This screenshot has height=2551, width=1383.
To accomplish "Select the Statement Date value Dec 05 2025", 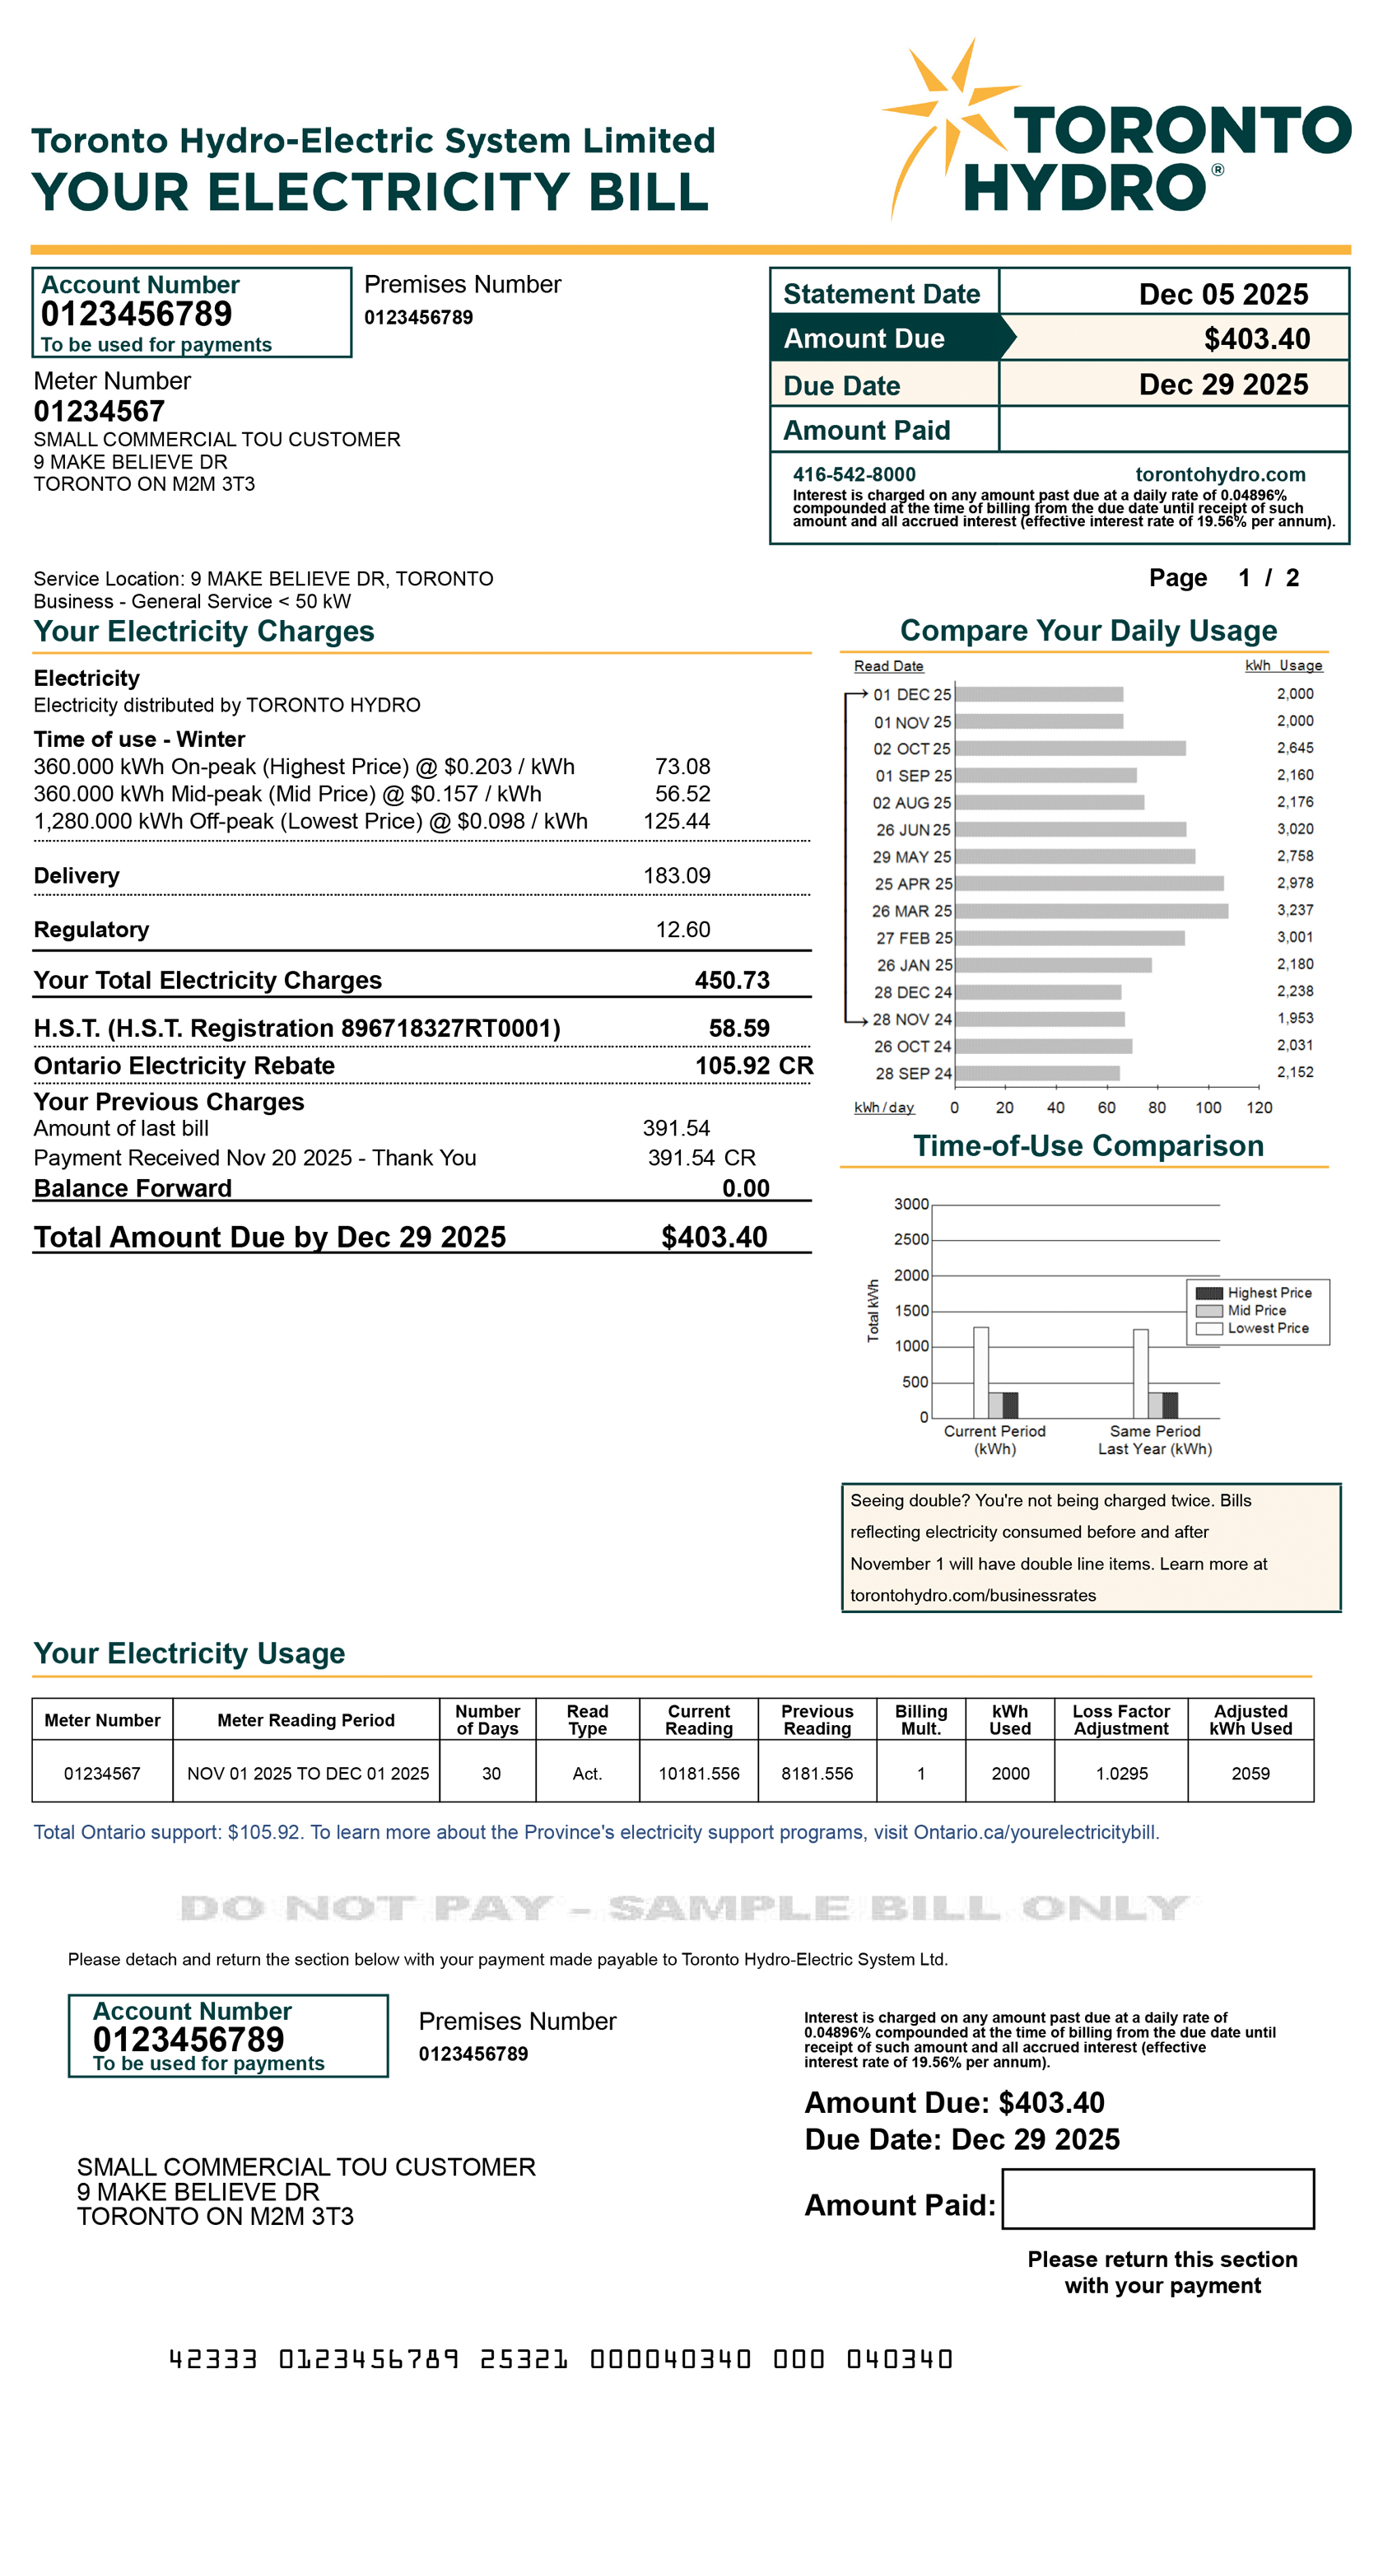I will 1222,294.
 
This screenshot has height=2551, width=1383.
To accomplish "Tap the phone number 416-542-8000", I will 854,474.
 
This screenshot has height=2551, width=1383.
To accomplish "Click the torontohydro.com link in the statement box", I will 1220,474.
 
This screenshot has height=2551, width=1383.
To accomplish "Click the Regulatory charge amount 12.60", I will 682,929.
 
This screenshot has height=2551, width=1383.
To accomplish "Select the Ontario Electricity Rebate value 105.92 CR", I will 753,1066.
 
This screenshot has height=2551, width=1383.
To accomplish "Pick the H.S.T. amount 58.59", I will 738,1028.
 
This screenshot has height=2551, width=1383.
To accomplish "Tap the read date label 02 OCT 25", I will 910,749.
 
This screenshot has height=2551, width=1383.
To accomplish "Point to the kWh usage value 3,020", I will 1294,829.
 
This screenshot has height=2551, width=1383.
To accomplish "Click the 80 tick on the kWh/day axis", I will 1157,1108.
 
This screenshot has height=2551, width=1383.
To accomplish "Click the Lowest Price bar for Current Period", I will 980,1373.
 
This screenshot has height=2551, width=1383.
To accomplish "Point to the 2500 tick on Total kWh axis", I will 910,1240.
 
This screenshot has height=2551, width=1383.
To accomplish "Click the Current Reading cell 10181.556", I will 699,1773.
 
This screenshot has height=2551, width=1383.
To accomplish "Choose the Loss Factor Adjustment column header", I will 1120,1719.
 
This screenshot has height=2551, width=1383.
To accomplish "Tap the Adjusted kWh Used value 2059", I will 1250,1773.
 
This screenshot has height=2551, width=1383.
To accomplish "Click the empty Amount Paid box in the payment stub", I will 1157,2199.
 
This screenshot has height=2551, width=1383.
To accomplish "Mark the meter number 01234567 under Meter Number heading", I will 99,411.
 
